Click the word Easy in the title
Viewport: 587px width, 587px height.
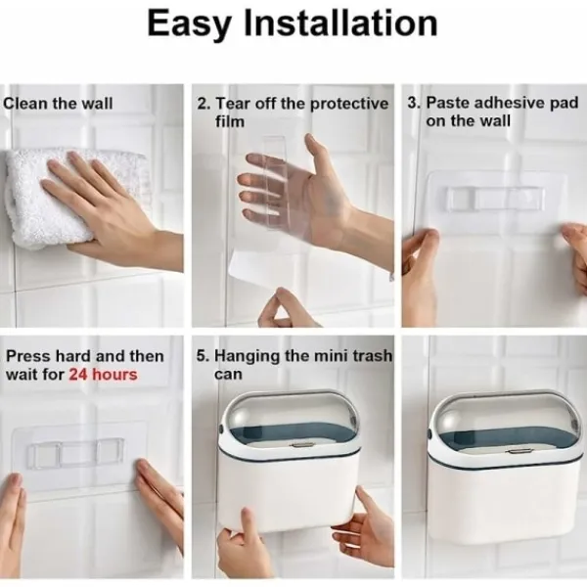(190, 24)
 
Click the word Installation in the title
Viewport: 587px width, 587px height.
(340, 23)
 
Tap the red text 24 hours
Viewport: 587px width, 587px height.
(103, 374)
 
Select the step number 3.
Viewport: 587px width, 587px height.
(414, 103)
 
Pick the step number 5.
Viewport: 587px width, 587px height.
(203, 356)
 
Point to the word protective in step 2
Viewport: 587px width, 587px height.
(349, 105)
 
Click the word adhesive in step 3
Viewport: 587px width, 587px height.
(506, 102)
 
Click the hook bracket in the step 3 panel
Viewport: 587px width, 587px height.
(495, 199)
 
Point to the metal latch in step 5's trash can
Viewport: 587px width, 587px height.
(301, 445)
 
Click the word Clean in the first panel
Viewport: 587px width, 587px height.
(25, 103)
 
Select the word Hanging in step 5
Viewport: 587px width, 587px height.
(248, 356)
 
